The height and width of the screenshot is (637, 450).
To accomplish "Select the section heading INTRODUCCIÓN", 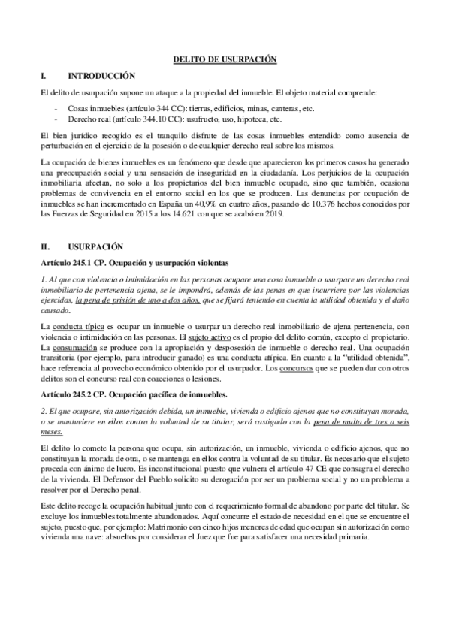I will tap(101, 76).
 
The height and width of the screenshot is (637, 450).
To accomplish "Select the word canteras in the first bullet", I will tap(281, 108).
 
